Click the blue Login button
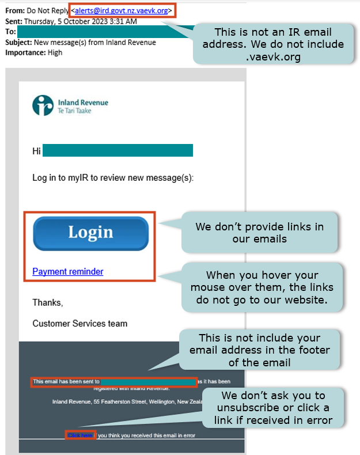coord(90,233)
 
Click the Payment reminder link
coord(68,271)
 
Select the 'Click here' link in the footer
coord(80,435)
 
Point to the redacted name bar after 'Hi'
coord(118,151)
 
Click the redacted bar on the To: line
coord(104,31)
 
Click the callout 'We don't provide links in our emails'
coord(259,232)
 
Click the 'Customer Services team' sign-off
coord(79,324)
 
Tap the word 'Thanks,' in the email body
coord(47,302)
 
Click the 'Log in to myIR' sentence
coord(113,178)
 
